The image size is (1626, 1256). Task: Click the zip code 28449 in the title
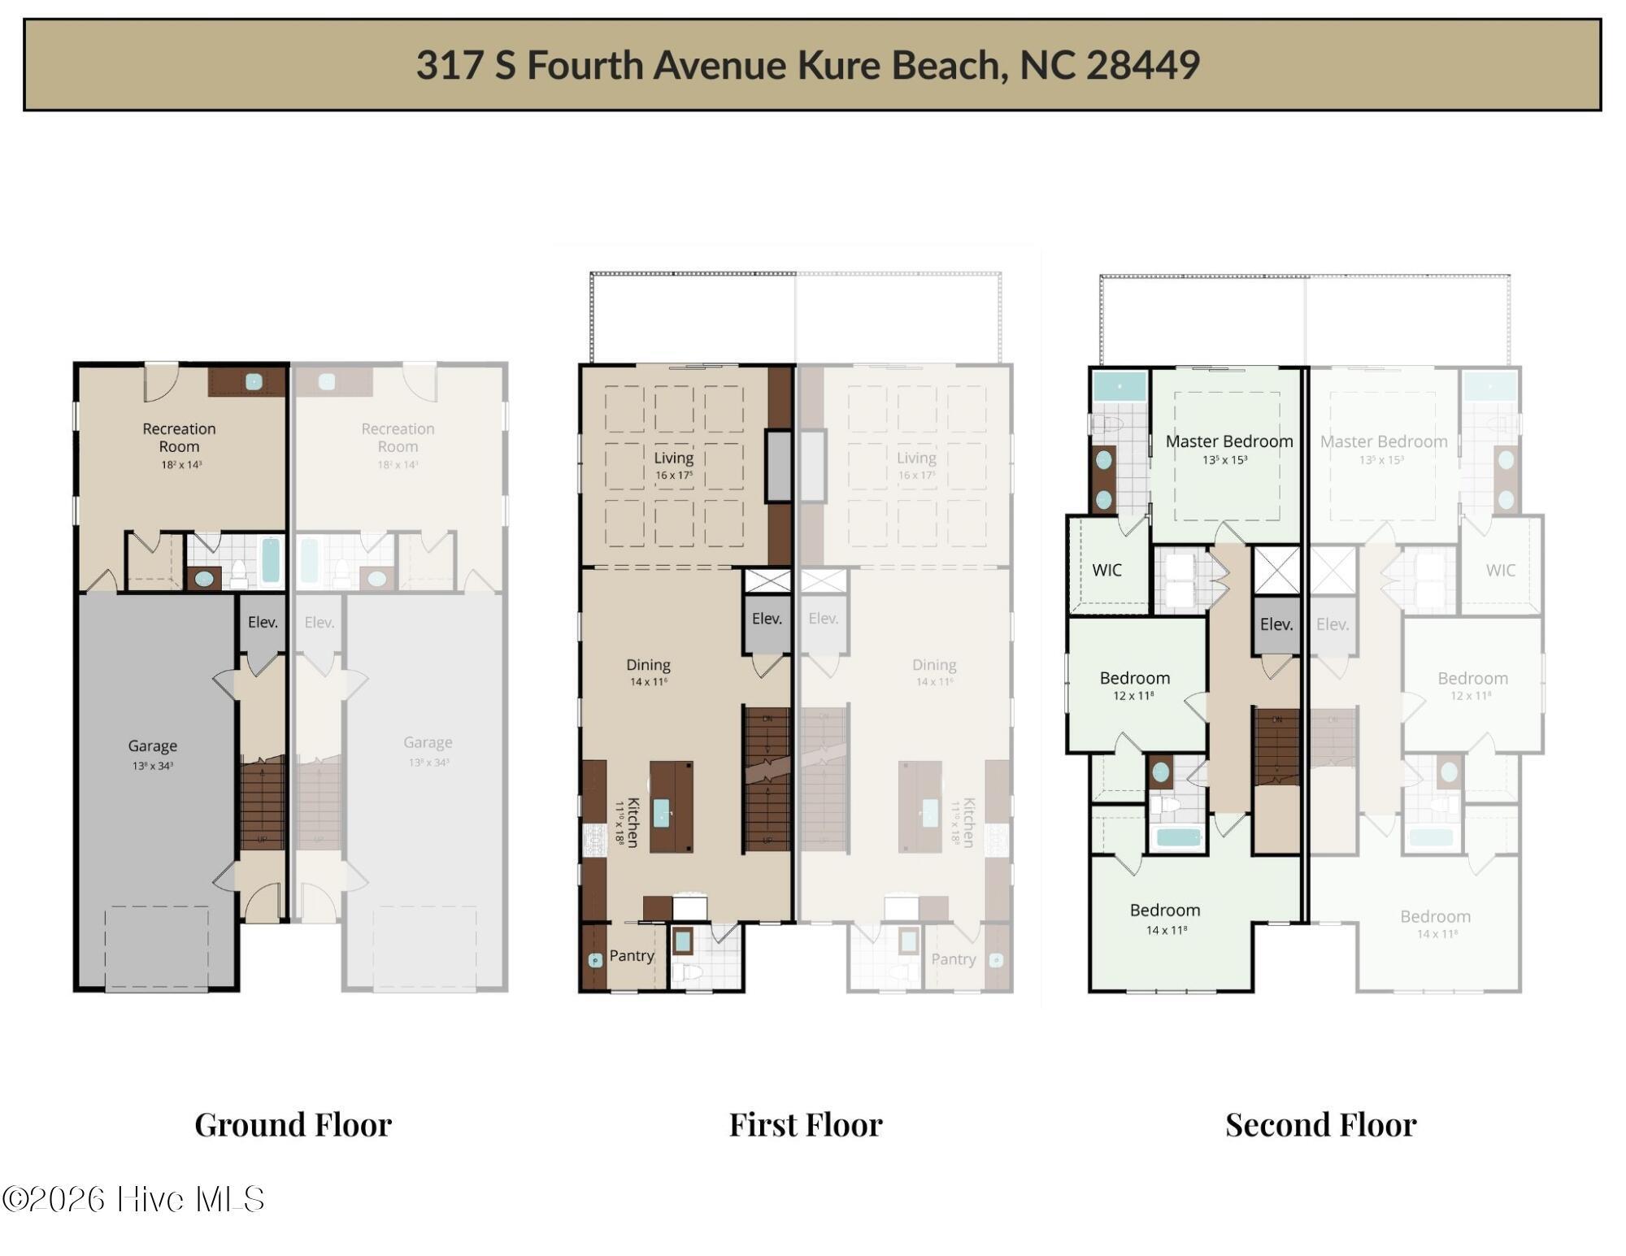(1142, 65)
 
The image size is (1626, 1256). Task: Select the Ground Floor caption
(293, 1125)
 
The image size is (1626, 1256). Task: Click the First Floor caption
(805, 1125)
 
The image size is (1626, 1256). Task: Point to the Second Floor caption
(1320, 1125)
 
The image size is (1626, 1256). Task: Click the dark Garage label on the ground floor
(152, 745)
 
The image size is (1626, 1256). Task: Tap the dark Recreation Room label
(179, 437)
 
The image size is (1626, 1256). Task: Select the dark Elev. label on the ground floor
(263, 622)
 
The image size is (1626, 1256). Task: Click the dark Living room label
(673, 458)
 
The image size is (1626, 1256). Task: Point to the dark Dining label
(648, 665)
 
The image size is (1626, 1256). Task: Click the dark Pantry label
(632, 956)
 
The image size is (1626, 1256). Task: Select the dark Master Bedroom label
(1228, 441)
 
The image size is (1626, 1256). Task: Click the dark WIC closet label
(1106, 570)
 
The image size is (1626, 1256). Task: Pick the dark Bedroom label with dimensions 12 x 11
(1134, 678)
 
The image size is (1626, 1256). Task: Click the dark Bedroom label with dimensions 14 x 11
(1164, 910)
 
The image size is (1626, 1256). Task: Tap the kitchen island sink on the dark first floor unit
(661, 812)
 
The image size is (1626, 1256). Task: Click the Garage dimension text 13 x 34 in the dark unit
(153, 766)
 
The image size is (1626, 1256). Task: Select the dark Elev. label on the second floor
(1276, 624)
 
